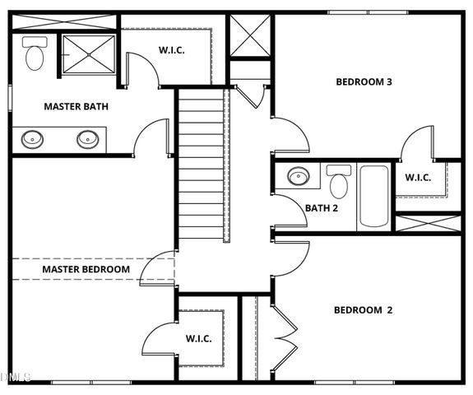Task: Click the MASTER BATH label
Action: coord(76,106)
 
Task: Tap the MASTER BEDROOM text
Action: coord(86,269)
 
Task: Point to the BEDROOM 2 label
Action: coord(363,310)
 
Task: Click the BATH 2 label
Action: coord(322,208)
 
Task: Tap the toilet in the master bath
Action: coord(35,54)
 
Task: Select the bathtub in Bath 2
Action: coord(373,196)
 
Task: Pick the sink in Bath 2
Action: coord(298,176)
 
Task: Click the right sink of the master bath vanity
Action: coord(88,138)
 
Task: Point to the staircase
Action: coord(202,165)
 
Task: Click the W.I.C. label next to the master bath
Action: coord(171,50)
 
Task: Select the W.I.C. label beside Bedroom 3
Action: coord(418,177)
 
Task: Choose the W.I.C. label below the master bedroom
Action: coord(198,338)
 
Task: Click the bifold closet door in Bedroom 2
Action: coord(284,335)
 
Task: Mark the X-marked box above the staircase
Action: coord(249,36)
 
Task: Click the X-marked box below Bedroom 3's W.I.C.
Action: coord(428,222)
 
